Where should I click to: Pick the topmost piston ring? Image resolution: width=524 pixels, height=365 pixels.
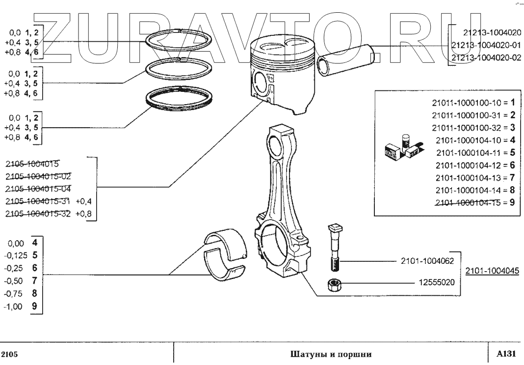[181, 41]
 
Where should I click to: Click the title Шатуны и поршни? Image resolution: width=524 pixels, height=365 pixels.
[331, 353]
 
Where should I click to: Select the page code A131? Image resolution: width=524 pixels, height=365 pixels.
[506, 353]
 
